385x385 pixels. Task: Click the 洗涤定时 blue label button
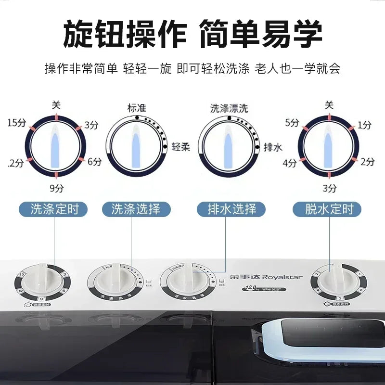point(53,209)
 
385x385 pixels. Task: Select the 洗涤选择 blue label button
point(131,209)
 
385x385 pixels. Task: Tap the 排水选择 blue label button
point(231,209)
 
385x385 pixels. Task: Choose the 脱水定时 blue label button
point(329,209)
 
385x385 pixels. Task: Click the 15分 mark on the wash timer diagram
point(17,123)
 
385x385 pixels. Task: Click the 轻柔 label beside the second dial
point(180,147)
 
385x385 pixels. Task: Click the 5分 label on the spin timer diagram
point(292,123)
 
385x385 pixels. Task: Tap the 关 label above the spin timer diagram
point(329,104)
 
